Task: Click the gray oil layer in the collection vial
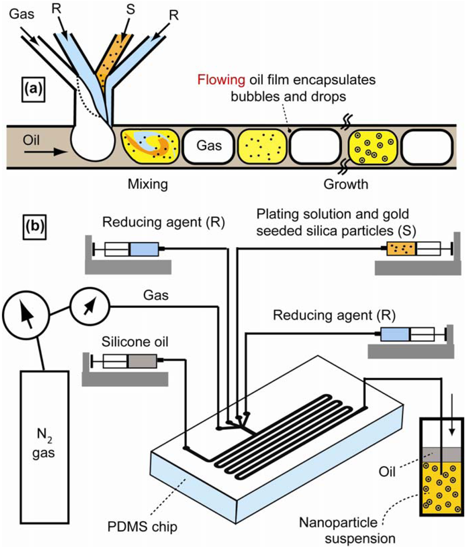click(x=441, y=455)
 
